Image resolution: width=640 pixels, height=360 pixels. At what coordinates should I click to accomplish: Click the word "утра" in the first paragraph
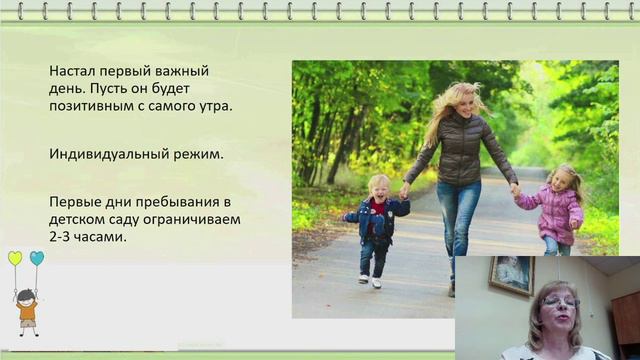(x=212, y=106)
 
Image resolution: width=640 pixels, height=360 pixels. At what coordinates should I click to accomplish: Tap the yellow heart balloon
(x=15, y=258)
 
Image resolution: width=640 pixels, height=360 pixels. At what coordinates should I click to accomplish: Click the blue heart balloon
(x=37, y=257)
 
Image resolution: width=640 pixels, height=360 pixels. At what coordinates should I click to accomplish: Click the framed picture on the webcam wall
(x=511, y=276)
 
